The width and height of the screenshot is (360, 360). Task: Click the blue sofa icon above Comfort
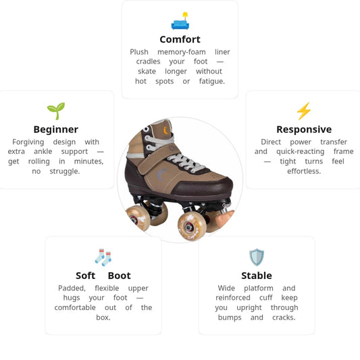[180, 21]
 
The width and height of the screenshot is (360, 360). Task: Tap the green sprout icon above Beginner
[56, 111]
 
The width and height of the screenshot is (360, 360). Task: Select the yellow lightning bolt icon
[304, 111]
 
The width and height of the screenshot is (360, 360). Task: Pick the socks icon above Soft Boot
[103, 257]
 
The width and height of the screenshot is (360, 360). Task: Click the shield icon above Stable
[257, 257]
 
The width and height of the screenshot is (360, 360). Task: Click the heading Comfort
[180, 39]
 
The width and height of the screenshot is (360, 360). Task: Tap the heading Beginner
[56, 130]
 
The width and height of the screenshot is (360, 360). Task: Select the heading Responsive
[304, 130]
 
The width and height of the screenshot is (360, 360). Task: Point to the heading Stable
[257, 276]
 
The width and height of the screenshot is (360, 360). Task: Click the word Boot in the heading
[120, 276]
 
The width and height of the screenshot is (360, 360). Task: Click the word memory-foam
[182, 52]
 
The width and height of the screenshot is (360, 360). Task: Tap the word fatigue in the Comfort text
[212, 81]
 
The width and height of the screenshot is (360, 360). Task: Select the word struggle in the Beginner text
[65, 172]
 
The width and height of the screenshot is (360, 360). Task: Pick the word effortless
[304, 171]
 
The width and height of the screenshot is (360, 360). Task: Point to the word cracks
[284, 317]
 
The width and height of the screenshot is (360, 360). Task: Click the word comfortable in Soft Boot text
[75, 307]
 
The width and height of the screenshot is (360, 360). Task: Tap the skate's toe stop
[224, 219]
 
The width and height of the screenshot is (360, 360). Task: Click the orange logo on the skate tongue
[165, 130]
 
